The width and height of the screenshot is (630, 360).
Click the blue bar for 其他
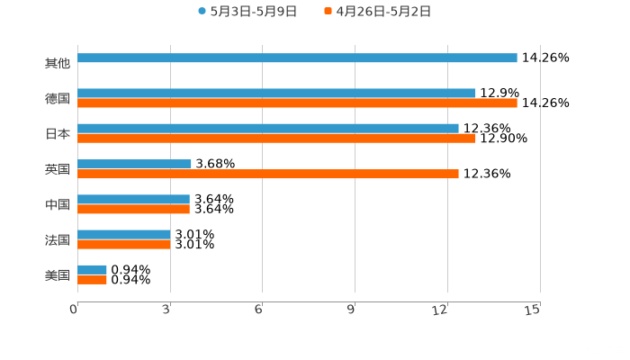pyautogui.click(x=297, y=58)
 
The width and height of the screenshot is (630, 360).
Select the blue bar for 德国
pyautogui.click(x=276, y=93)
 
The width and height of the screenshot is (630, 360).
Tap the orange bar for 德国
pyautogui.click(x=297, y=103)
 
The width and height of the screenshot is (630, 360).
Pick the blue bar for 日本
pyautogui.click(x=268, y=128)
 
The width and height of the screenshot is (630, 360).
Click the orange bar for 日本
pyautogui.click(x=276, y=139)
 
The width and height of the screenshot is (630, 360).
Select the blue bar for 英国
pyautogui.click(x=134, y=164)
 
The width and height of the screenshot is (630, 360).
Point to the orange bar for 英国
pyautogui.click(x=268, y=174)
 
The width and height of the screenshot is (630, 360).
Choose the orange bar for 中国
pyautogui.click(x=133, y=210)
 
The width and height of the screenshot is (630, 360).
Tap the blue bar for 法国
pyautogui.click(x=124, y=234)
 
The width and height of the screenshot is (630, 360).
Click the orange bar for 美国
pyautogui.click(x=92, y=280)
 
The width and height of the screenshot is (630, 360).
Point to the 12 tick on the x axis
pyautogui.click(x=441, y=310)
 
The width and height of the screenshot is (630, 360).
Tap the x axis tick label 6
pyautogui.click(x=258, y=310)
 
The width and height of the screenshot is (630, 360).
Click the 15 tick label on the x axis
pyautogui.click(x=533, y=310)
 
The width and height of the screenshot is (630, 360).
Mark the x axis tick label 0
pyautogui.click(x=74, y=310)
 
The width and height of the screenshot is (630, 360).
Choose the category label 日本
pyautogui.click(x=58, y=133)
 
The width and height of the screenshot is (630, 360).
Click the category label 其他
pyautogui.click(x=58, y=63)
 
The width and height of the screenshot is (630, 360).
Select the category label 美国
pyautogui.click(x=58, y=274)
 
